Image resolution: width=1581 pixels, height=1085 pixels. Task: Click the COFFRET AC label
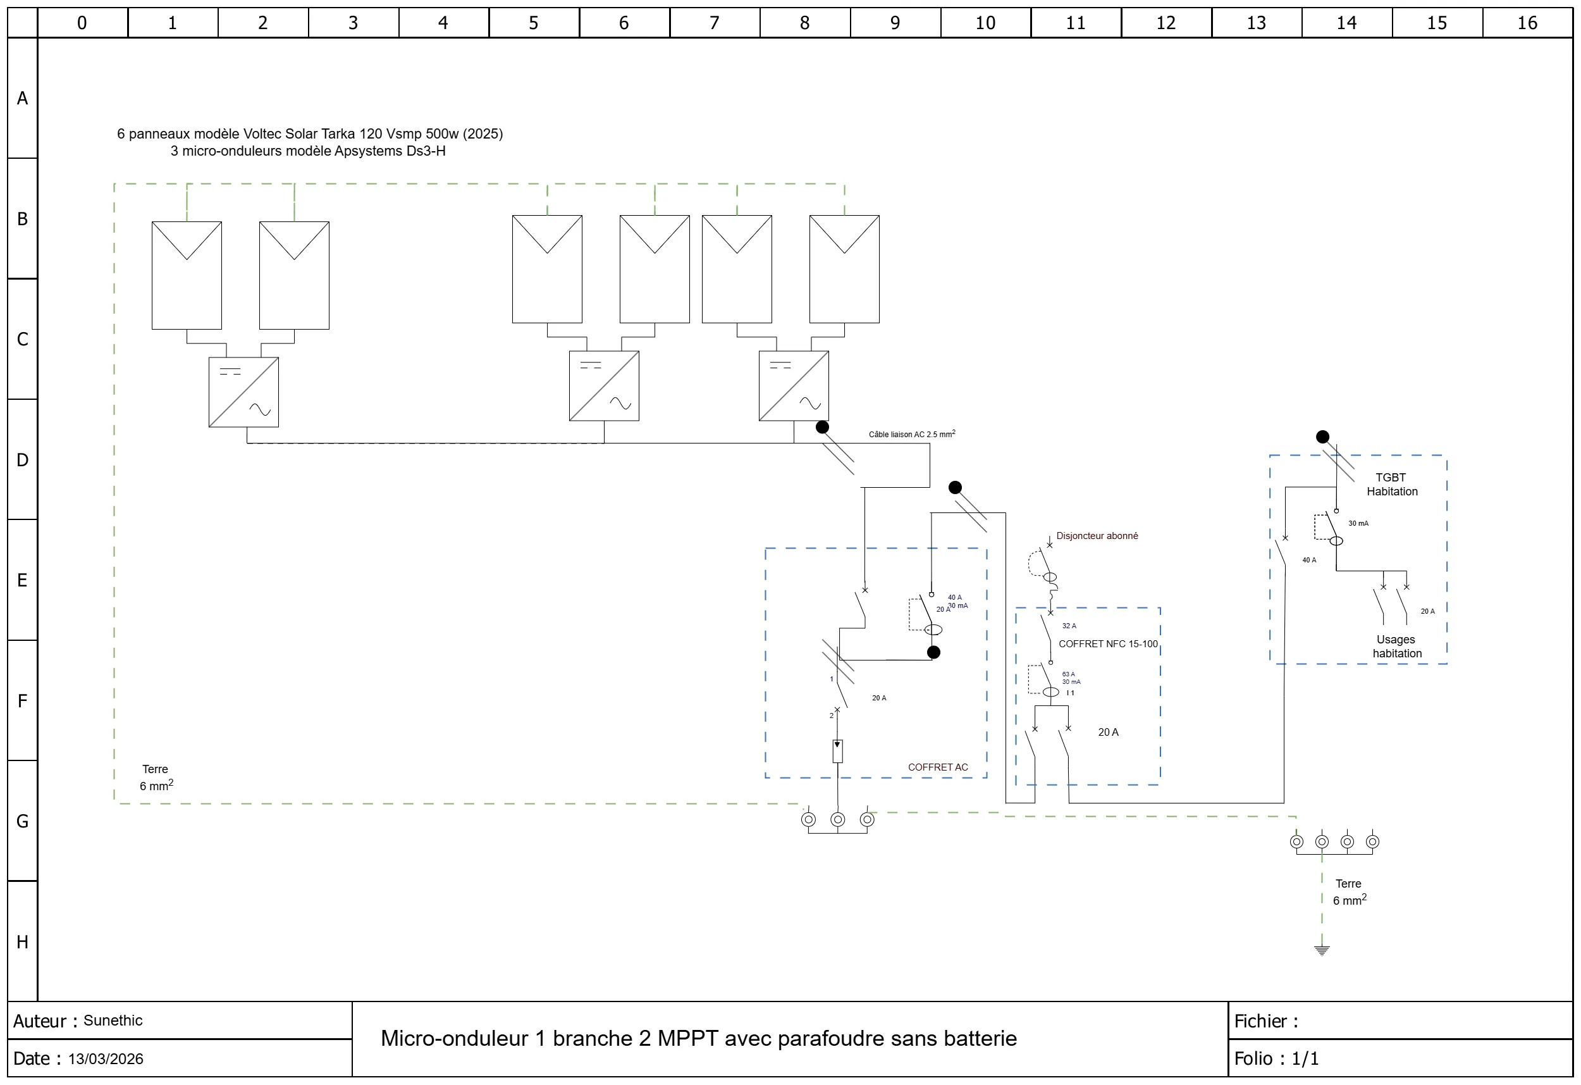click(x=937, y=767)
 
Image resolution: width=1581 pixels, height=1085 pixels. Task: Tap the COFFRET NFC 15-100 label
click(x=1107, y=644)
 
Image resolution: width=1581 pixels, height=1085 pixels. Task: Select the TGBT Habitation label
click(x=1392, y=485)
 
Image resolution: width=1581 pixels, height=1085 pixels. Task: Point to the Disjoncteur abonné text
click(x=1097, y=536)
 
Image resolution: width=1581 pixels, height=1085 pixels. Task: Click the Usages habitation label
click(x=1396, y=647)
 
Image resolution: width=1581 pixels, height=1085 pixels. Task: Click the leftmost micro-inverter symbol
click(x=243, y=392)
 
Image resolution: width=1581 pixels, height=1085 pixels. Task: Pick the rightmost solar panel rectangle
click(x=844, y=269)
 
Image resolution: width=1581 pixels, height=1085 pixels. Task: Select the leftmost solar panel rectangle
click(x=187, y=275)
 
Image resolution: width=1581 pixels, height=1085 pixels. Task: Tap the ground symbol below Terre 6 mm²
click(x=1322, y=950)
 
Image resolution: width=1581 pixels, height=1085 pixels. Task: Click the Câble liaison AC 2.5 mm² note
click(x=911, y=433)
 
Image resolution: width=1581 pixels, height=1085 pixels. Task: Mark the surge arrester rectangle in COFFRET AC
click(x=837, y=752)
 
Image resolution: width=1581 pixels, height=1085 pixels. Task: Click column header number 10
click(x=985, y=23)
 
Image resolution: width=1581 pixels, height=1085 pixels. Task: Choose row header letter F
click(x=22, y=701)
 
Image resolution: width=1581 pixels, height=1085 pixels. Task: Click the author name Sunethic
click(x=113, y=1020)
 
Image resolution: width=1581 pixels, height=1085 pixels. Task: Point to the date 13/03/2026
click(x=106, y=1058)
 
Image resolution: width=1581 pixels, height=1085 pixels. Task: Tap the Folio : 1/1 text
click(x=1276, y=1058)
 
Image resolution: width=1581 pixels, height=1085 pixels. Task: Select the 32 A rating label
click(x=1069, y=626)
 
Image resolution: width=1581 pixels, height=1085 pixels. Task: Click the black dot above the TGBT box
click(x=1322, y=437)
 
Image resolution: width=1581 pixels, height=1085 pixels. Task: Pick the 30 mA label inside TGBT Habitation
click(x=1358, y=523)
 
